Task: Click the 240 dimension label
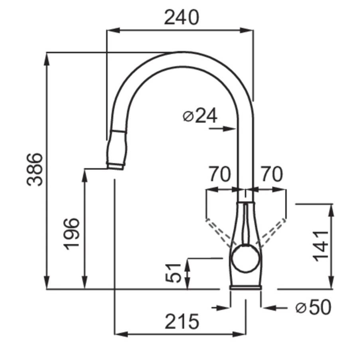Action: click(181, 18)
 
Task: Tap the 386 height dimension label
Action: click(35, 169)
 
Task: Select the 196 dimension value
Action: click(71, 234)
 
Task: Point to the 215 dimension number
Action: click(181, 322)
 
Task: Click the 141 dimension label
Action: click(320, 246)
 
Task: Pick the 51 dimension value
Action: click(174, 273)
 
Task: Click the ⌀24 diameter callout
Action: click(200, 116)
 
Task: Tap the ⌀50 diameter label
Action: click(314, 307)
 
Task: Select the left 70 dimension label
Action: click(219, 174)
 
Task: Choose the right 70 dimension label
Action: click(272, 174)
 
